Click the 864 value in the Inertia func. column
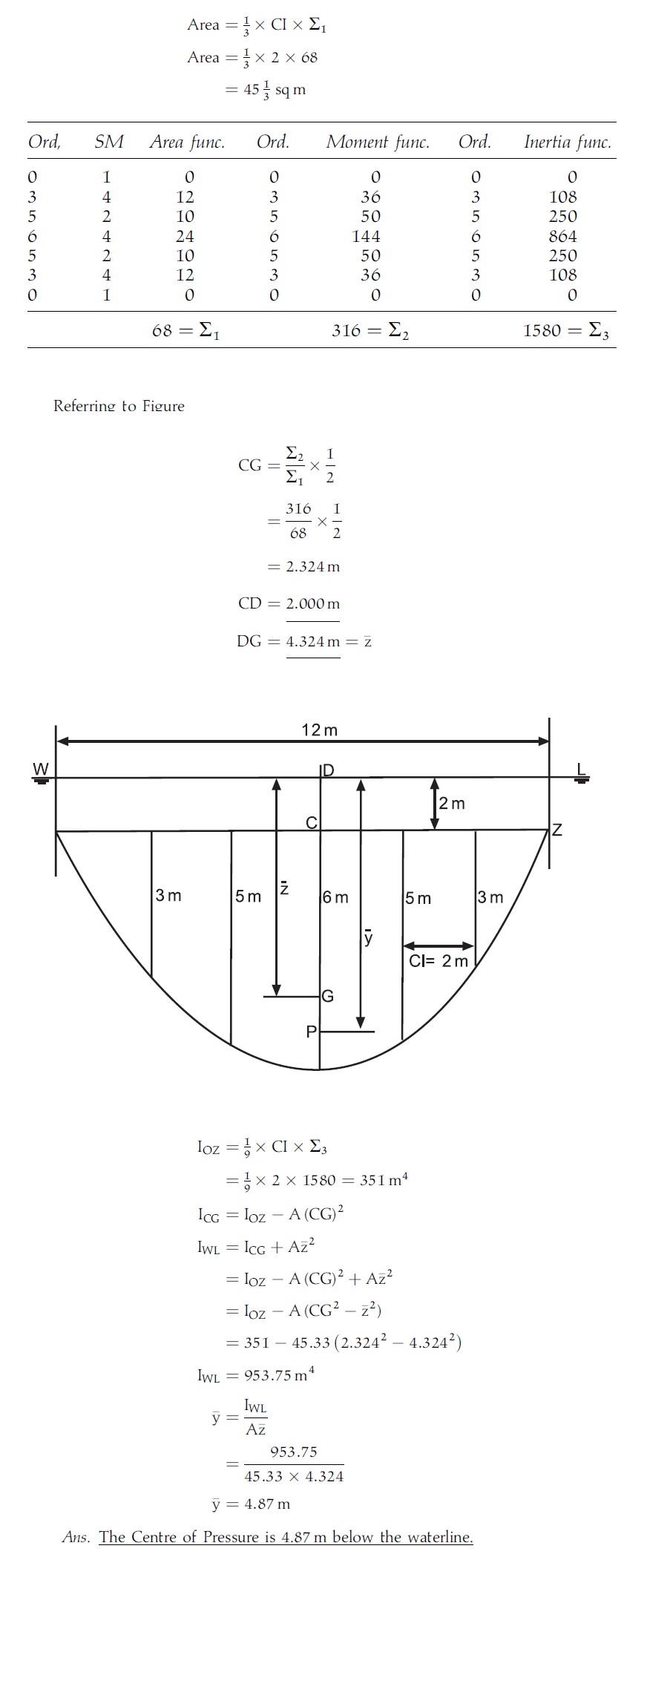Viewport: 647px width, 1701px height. [x=563, y=236]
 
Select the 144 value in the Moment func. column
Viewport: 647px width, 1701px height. [x=366, y=236]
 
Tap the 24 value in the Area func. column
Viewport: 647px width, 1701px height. [x=185, y=236]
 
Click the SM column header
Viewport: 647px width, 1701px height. [x=109, y=142]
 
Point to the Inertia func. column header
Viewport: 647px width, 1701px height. [x=568, y=142]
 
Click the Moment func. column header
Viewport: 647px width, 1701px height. [x=378, y=142]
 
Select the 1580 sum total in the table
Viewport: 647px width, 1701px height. [x=542, y=330]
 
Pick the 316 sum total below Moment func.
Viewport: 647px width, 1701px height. [x=346, y=330]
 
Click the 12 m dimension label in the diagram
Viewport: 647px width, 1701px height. [x=319, y=730]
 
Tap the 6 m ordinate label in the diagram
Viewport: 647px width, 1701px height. [x=336, y=897]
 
